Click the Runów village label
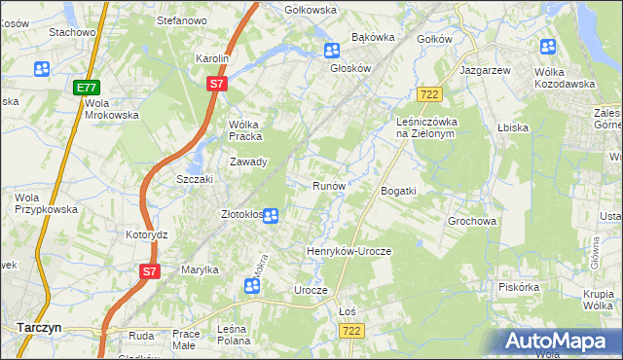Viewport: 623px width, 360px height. (x=329, y=185)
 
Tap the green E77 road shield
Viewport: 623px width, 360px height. (x=87, y=88)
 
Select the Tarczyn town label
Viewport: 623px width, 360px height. (x=39, y=328)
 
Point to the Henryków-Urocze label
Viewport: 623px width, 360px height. (x=348, y=251)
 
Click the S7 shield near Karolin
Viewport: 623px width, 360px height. (x=217, y=85)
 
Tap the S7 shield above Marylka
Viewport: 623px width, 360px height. (x=148, y=271)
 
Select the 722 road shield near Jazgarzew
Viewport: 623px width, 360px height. (x=429, y=93)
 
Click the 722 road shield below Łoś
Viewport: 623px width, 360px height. (x=352, y=332)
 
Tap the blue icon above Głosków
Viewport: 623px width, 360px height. (x=332, y=52)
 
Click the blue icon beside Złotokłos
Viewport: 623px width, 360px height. (x=272, y=216)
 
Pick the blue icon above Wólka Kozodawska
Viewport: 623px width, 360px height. (x=548, y=47)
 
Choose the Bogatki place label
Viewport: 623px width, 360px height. (x=398, y=191)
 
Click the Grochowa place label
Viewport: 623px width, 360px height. (x=473, y=221)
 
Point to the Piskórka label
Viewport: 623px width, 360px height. (x=518, y=287)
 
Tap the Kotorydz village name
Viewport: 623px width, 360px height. (x=147, y=235)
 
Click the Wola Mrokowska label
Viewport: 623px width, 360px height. (x=111, y=109)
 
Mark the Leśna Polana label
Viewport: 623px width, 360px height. (x=238, y=335)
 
